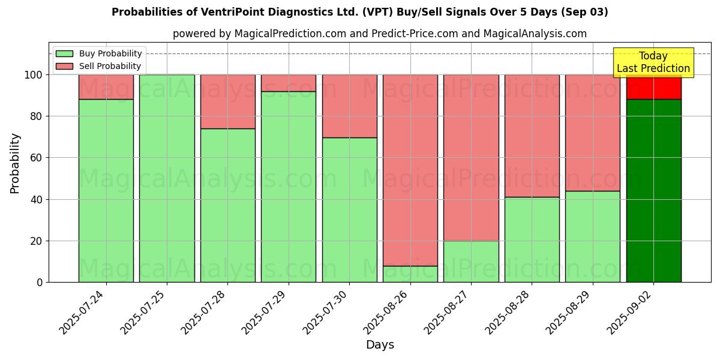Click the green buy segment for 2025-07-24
pos(106,191)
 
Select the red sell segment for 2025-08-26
pos(410,170)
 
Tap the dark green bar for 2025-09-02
pos(653,191)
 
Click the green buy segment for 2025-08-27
pos(471,262)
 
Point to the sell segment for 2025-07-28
pos(228,101)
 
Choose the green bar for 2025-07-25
pos(167,178)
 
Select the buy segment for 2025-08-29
pos(593,236)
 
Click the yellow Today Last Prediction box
pos(653,62)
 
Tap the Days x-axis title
pos(380,345)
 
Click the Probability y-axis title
pos(15,163)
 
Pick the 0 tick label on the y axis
pos(39,282)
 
